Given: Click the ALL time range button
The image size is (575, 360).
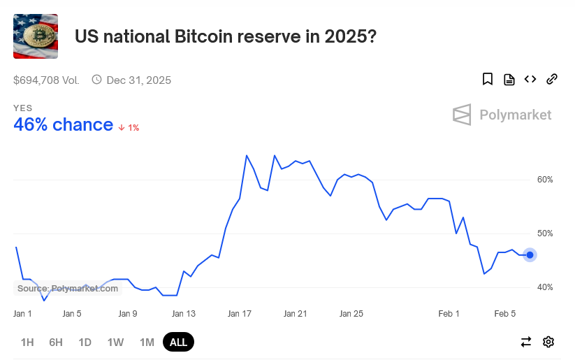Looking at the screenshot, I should click(x=178, y=342).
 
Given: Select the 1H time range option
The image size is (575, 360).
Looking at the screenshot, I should click(x=27, y=342).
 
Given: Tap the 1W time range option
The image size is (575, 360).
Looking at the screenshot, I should click(x=115, y=342).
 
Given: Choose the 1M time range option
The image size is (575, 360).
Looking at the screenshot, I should click(x=147, y=342).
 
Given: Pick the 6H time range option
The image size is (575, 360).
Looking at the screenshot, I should click(x=56, y=342).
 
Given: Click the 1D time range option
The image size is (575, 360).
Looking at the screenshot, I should click(x=85, y=342).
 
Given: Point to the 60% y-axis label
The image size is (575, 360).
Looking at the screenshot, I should click(x=545, y=180).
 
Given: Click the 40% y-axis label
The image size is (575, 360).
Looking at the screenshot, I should click(x=545, y=287).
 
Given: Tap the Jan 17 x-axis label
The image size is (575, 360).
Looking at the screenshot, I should click(x=240, y=314).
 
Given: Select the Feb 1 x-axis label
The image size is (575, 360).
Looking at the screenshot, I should click(x=449, y=314).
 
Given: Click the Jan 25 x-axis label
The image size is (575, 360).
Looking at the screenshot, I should click(x=351, y=314).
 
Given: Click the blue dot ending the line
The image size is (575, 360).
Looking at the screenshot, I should click(x=530, y=255).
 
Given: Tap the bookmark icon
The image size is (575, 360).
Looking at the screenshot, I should click(x=488, y=79).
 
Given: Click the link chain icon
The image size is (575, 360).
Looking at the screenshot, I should click(x=552, y=79).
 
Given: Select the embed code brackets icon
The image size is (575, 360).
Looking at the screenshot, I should click(x=530, y=79).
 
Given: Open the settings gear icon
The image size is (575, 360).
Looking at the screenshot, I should click(x=548, y=342).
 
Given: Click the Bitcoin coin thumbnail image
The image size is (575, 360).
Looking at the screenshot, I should click(x=36, y=36).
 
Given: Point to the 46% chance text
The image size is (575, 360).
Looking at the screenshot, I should click(x=64, y=124).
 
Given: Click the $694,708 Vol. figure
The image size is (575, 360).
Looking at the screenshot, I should click(x=46, y=80).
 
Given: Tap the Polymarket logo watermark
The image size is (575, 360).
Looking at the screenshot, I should click(x=502, y=115).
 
